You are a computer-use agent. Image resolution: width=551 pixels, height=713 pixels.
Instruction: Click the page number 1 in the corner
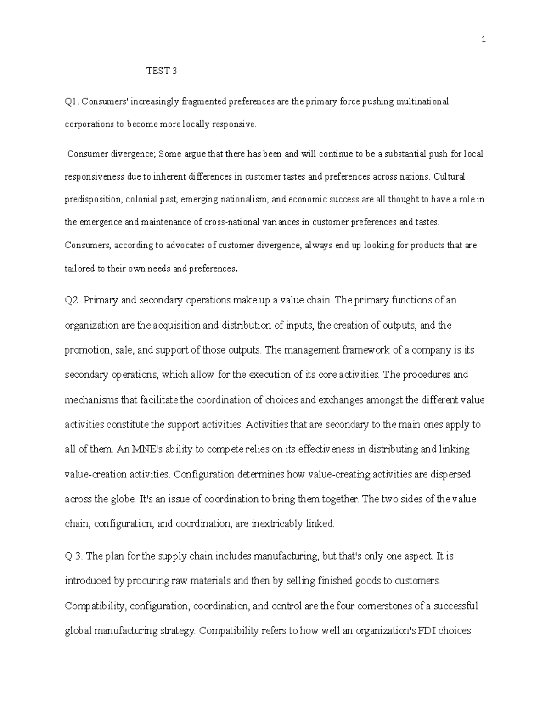(484, 40)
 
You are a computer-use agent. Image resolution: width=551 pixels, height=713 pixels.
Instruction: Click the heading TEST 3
(161, 71)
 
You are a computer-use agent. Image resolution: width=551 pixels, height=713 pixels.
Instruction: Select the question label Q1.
(73, 101)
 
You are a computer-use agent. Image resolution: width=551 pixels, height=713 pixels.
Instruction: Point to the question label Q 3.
(73, 556)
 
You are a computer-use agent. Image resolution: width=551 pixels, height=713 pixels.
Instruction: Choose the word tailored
(79, 269)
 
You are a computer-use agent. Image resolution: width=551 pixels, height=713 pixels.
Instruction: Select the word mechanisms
(91, 400)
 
